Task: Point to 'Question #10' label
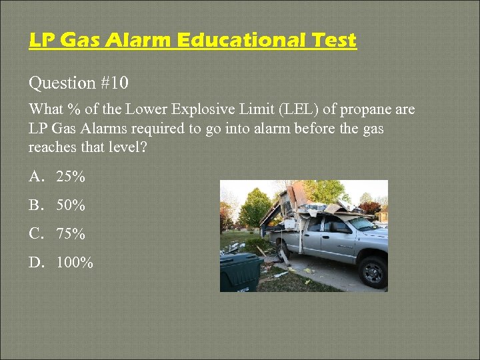pos(79,83)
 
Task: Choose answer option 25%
pos(71,177)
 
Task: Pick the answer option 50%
pos(71,206)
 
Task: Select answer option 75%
pos(71,235)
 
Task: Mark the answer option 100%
pos(75,263)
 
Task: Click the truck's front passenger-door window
pos(339,227)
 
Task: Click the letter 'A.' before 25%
pos(36,177)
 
